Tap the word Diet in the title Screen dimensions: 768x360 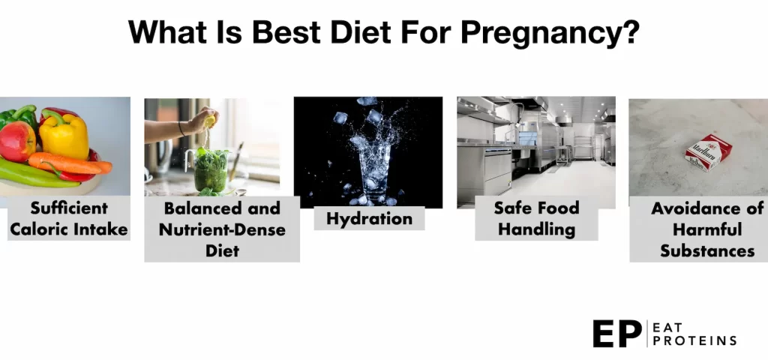[x=361, y=32]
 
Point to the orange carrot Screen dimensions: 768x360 [x=70, y=163]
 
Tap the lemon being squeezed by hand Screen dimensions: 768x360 [x=210, y=120]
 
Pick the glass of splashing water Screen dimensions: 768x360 [x=375, y=172]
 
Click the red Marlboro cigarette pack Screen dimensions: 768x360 [x=708, y=152]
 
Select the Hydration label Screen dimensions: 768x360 [x=369, y=218]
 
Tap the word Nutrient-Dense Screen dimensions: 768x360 [x=222, y=229]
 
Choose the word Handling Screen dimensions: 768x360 [x=537, y=229]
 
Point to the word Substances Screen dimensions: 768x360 [x=707, y=250]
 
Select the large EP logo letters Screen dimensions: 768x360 [x=617, y=334]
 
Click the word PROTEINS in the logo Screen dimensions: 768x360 [x=694, y=341]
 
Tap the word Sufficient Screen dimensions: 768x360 [x=69, y=208]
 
